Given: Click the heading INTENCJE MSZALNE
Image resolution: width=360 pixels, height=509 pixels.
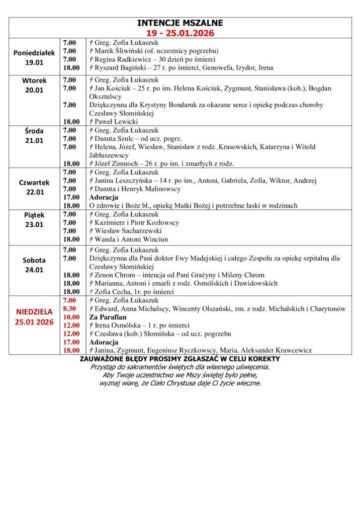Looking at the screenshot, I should click(x=180, y=23).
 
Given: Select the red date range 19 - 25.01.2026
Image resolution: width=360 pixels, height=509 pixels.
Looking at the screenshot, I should click(x=180, y=33).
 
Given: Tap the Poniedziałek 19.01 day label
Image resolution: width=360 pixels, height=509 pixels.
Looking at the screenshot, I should click(x=34, y=58).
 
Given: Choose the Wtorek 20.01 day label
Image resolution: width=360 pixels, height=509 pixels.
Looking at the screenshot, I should click(x=34, y=85).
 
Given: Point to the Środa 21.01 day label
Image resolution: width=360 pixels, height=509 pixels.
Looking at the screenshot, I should click(x=34, y=136).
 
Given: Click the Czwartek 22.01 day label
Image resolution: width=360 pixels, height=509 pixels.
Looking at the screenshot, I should click(x=34, y=187).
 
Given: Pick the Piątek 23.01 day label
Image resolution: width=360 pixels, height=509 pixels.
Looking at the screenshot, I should click(x=34, y=220).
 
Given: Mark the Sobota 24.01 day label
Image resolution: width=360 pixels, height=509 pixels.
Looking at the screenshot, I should click(x=34, y=265).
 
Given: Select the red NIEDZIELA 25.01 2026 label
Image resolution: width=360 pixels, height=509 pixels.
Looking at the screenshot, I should click(x=34, y=317).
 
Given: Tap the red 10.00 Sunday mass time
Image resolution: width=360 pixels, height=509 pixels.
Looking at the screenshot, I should click(x=71, y=317).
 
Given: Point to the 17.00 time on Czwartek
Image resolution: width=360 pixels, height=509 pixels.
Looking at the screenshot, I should click(x=71, y=197).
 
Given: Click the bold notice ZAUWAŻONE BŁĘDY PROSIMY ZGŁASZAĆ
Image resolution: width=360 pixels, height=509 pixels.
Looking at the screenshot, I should click(x=180, y=359).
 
